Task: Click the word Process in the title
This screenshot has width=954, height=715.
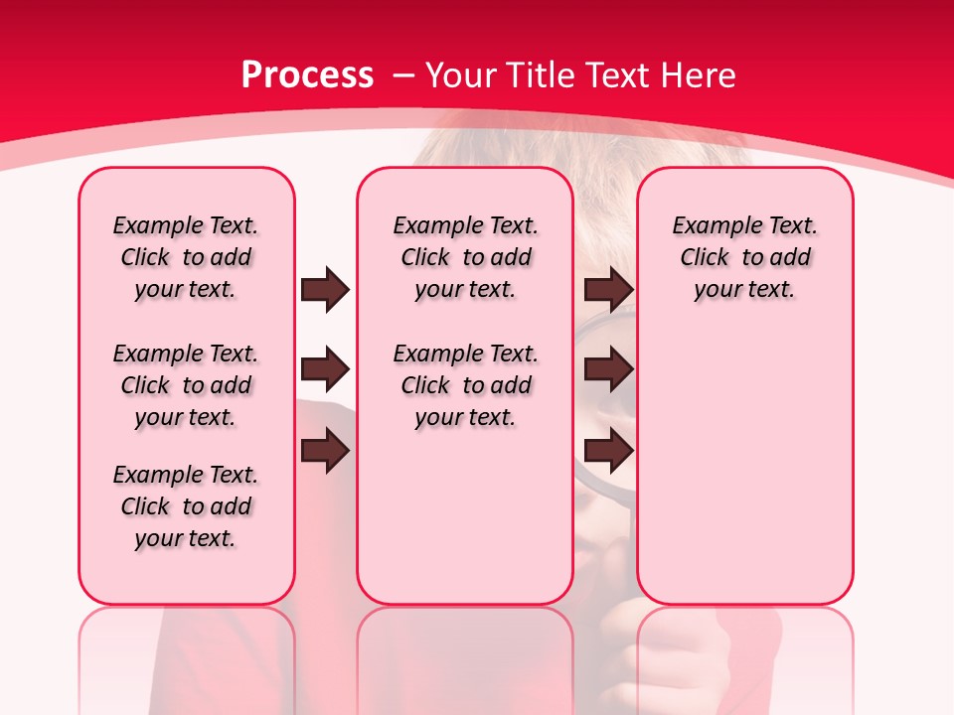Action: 307,75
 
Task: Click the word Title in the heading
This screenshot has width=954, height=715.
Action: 543,75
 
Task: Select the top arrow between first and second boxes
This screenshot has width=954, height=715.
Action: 325,289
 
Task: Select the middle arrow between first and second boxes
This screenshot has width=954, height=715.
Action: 325,369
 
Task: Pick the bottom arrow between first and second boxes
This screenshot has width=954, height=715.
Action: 325,451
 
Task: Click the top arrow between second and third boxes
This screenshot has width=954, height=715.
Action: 608,289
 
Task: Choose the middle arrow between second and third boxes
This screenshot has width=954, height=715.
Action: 608,369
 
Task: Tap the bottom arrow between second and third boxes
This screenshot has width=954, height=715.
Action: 608,451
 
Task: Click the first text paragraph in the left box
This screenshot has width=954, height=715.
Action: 186,257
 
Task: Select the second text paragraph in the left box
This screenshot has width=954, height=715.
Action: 186,385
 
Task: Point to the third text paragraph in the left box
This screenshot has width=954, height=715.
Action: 186,506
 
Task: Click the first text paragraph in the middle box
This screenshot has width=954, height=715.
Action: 465,257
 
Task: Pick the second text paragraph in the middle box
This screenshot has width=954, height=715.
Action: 465,385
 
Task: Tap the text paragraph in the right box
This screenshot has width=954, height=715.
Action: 745,257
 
